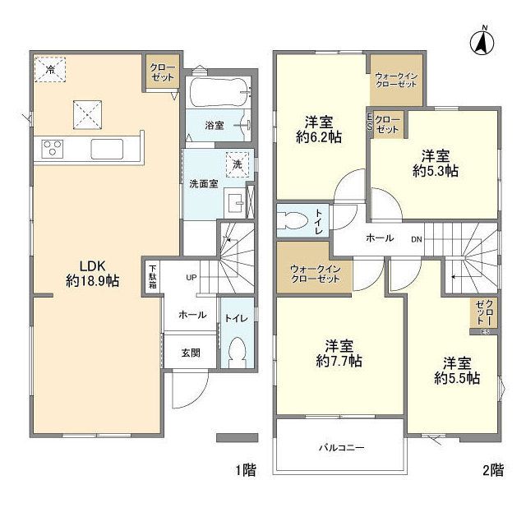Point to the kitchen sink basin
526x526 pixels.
pyautogui.click(x=108, y=149)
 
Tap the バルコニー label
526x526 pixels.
pyautogui.click(x=340, y=448)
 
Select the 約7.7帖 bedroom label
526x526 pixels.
pyautogui.click(x=339, y=353)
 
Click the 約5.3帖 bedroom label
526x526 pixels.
pyautogui.click(x=436, y=164)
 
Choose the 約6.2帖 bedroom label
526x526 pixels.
pyautogui.click(x=320, y=130)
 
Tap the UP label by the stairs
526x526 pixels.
pyautogui.click(x=191, y=278)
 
